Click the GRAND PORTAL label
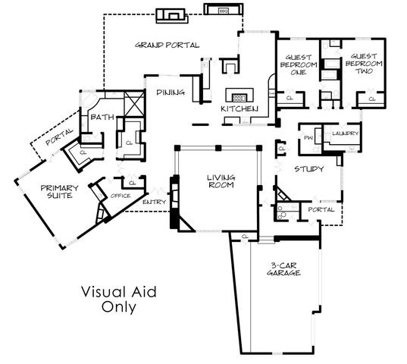(x=167, y=45)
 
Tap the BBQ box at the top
(x=223, y=12)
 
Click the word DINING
(x=171, y=93)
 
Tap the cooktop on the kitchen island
(x=240, y=97)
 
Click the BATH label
(x=102, y=117)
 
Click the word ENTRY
(x=154, y=203)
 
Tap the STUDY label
(x=309, y=168)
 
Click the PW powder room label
(x=308, y=137)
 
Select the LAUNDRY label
(x=344, y=133)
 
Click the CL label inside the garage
(x=245, y=237)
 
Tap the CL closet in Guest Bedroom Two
(x=371, y=98)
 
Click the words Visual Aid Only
(x=118, y=300)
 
